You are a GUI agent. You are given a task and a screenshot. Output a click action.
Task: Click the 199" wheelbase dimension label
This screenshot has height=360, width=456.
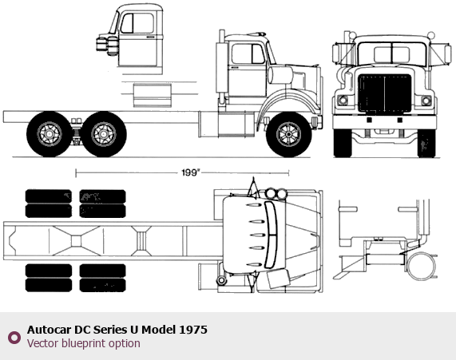(x=191, y=172)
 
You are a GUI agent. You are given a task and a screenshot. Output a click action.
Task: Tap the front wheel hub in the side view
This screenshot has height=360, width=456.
(x=288, y=134)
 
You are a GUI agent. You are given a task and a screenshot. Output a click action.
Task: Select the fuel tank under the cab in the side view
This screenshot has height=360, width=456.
(x=236, y=125)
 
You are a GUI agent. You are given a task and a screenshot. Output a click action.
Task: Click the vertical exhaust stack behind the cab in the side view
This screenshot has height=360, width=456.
(x=221, y=67)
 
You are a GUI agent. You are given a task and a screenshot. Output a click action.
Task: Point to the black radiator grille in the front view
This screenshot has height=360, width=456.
(x=384, y=93)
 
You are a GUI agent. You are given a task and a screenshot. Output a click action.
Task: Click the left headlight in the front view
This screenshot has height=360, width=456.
(x=343, y=101)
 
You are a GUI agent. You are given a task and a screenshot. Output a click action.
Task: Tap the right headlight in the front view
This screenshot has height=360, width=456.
(x=426, y=101)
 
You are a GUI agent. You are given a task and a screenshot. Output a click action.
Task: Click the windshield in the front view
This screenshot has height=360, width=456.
(x=392, y=53)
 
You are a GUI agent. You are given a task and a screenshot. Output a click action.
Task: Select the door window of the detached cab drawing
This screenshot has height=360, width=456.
(x=137, y=23)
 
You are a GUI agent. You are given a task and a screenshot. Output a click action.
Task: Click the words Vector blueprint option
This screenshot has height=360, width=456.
(x=84, y=343)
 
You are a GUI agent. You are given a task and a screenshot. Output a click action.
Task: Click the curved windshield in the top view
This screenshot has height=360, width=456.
(x=270, y=235)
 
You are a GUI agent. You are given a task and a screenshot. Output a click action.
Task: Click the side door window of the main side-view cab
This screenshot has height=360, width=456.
(x=248, y=53)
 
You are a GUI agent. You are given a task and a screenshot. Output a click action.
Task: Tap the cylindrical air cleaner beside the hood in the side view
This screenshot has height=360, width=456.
(x=280, y=75)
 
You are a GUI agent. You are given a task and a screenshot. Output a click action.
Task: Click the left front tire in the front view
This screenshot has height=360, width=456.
(x=343, y=143)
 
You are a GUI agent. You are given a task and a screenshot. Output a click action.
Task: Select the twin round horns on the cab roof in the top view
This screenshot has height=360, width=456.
(x=276, y=193)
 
